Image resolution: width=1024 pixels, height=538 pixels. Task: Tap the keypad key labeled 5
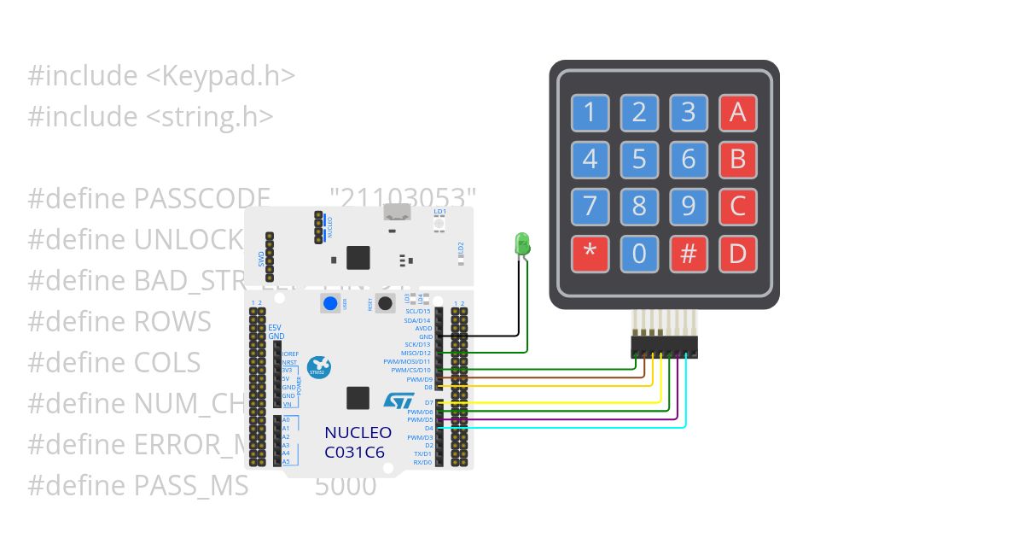tap(639, 159)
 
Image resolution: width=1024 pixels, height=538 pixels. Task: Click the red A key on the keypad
tap(738, 112)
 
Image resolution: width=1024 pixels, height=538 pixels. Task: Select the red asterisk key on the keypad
tap(590, 254)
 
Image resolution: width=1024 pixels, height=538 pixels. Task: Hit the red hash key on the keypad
tap(689, 254)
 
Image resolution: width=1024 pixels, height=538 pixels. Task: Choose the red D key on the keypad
tap(738, 254)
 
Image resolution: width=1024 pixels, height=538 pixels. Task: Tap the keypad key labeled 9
tap(689, 207)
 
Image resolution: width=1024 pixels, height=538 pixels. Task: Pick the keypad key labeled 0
tap(639, 254)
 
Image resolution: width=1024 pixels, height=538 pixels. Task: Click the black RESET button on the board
tap(385, 302)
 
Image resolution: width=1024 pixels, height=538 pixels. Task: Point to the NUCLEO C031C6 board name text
tap(358, 442)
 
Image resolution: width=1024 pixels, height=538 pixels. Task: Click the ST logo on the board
tap(398, 401)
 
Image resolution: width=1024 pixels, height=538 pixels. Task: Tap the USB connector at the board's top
tap(395, 213)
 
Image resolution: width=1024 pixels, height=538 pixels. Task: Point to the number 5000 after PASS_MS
tap(345, 486)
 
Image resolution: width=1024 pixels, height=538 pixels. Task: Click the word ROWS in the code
tap(172, 322)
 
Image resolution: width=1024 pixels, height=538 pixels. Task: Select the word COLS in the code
tap(167, 363)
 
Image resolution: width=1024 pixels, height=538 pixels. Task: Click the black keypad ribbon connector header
tap(664, 347)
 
